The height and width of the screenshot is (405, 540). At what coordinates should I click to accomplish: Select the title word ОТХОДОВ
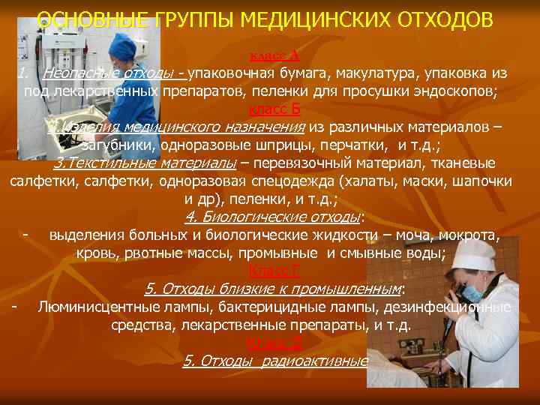(439, 20)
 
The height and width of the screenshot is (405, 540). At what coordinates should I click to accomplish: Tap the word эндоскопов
(458, 92)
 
